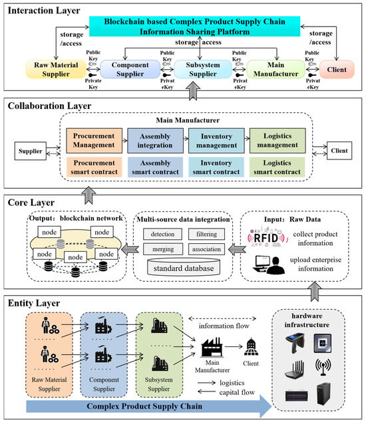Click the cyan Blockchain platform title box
(x=194, y=26)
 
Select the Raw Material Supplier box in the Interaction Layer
(x=56, y=70)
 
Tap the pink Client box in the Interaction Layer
(x=337, y=70)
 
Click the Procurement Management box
(x=94, y=141)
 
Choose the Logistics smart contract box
(x=277, y=167)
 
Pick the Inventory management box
(x=216, y=141)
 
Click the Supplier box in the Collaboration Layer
(x=31, y=151)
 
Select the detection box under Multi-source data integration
(x=162, y=234)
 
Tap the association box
(x=206, y=249)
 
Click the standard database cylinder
(x=184, y=267)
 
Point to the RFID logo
(x=266, y=238)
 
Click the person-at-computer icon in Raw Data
(x=268, y=265)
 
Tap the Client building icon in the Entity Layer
(x=252, y=347)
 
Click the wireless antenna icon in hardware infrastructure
(x=323, y=367)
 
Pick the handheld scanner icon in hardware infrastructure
(x=295, y=344)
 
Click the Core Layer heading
(x=31, y=203)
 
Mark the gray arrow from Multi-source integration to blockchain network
(x=130, y=249)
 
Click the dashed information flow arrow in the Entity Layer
(x=222, y=318)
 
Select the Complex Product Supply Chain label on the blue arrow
(x=144, y=406)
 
